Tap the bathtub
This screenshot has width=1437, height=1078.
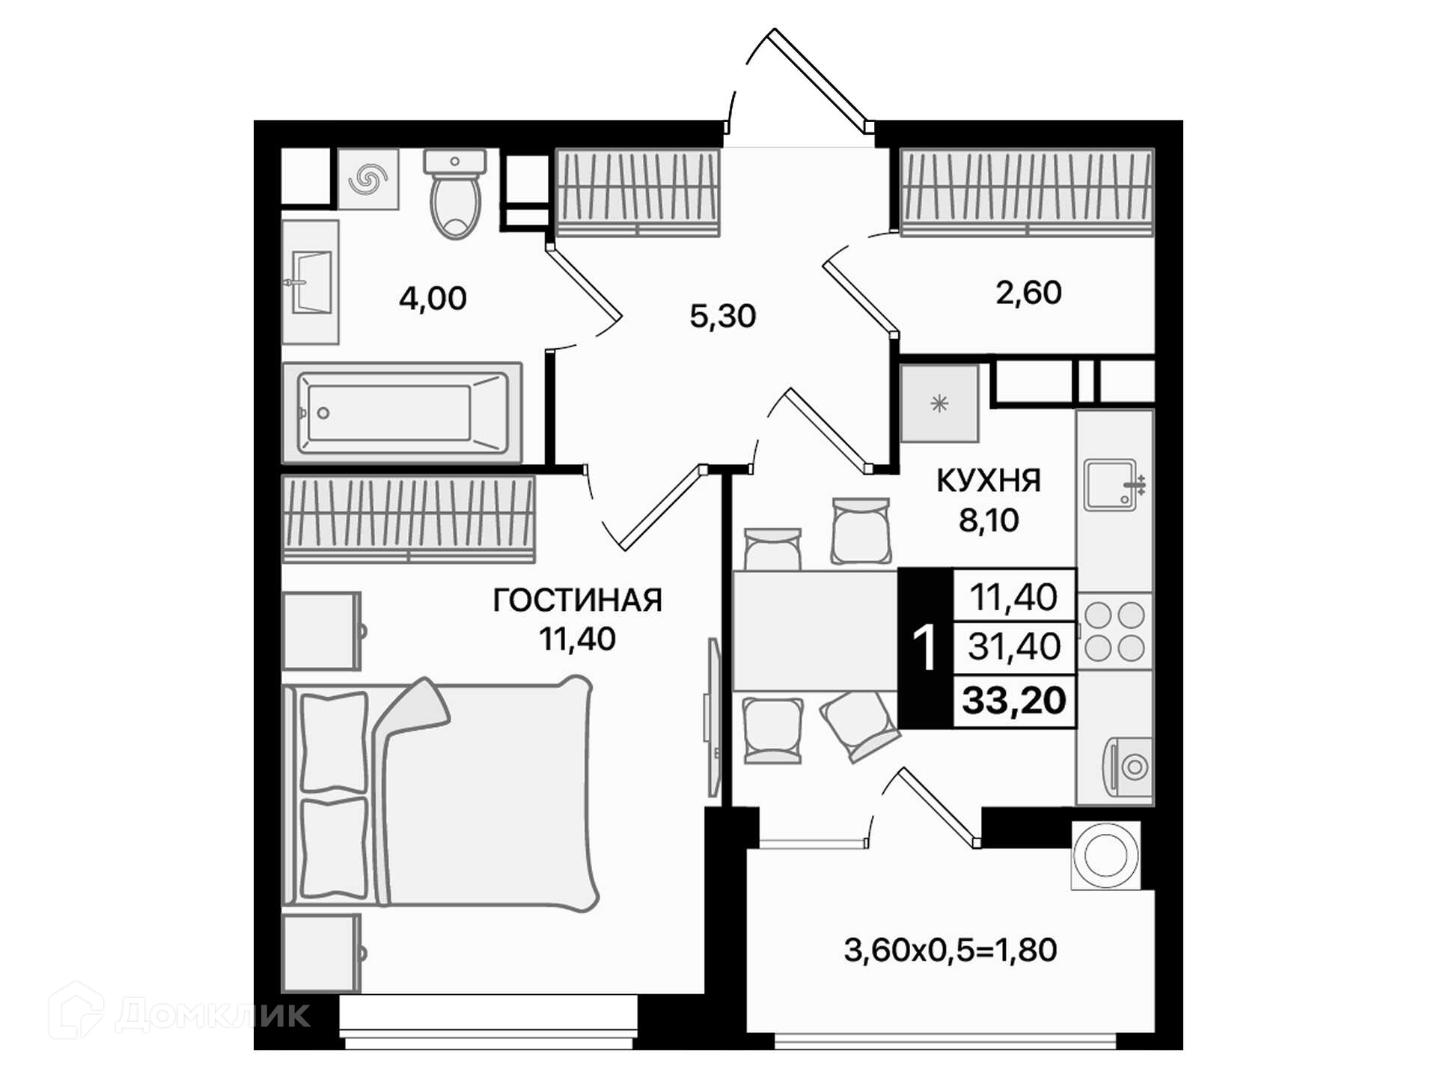tap(402, 413)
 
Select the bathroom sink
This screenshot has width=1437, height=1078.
tap(311, 282)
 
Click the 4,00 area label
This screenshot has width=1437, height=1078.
tap(433, 299)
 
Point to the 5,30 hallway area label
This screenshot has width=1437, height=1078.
tap(722, 316)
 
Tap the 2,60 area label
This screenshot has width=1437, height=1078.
tap(1028, 293)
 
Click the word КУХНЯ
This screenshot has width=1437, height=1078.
tap(989, 481)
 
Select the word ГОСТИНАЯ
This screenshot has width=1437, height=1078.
tap(577, 600)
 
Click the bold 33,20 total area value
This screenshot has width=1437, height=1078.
tap(1014, 701)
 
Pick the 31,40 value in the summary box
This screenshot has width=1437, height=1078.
tap(1014, 646)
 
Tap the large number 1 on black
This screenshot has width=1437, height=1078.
tap(925, 648)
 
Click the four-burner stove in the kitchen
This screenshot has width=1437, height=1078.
tap(1114, 632)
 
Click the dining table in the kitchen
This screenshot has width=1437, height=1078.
tap(815, 630)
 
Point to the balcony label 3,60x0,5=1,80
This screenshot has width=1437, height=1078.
tap(951, 950)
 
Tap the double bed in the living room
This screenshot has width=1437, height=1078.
tap(441, 794)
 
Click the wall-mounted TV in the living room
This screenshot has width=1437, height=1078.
tap(713, 717)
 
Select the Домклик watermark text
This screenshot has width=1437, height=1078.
tap(213, 1014)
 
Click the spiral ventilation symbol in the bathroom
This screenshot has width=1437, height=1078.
tap(368, 179)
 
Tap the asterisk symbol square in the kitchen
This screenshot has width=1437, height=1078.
tap(939, 404)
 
